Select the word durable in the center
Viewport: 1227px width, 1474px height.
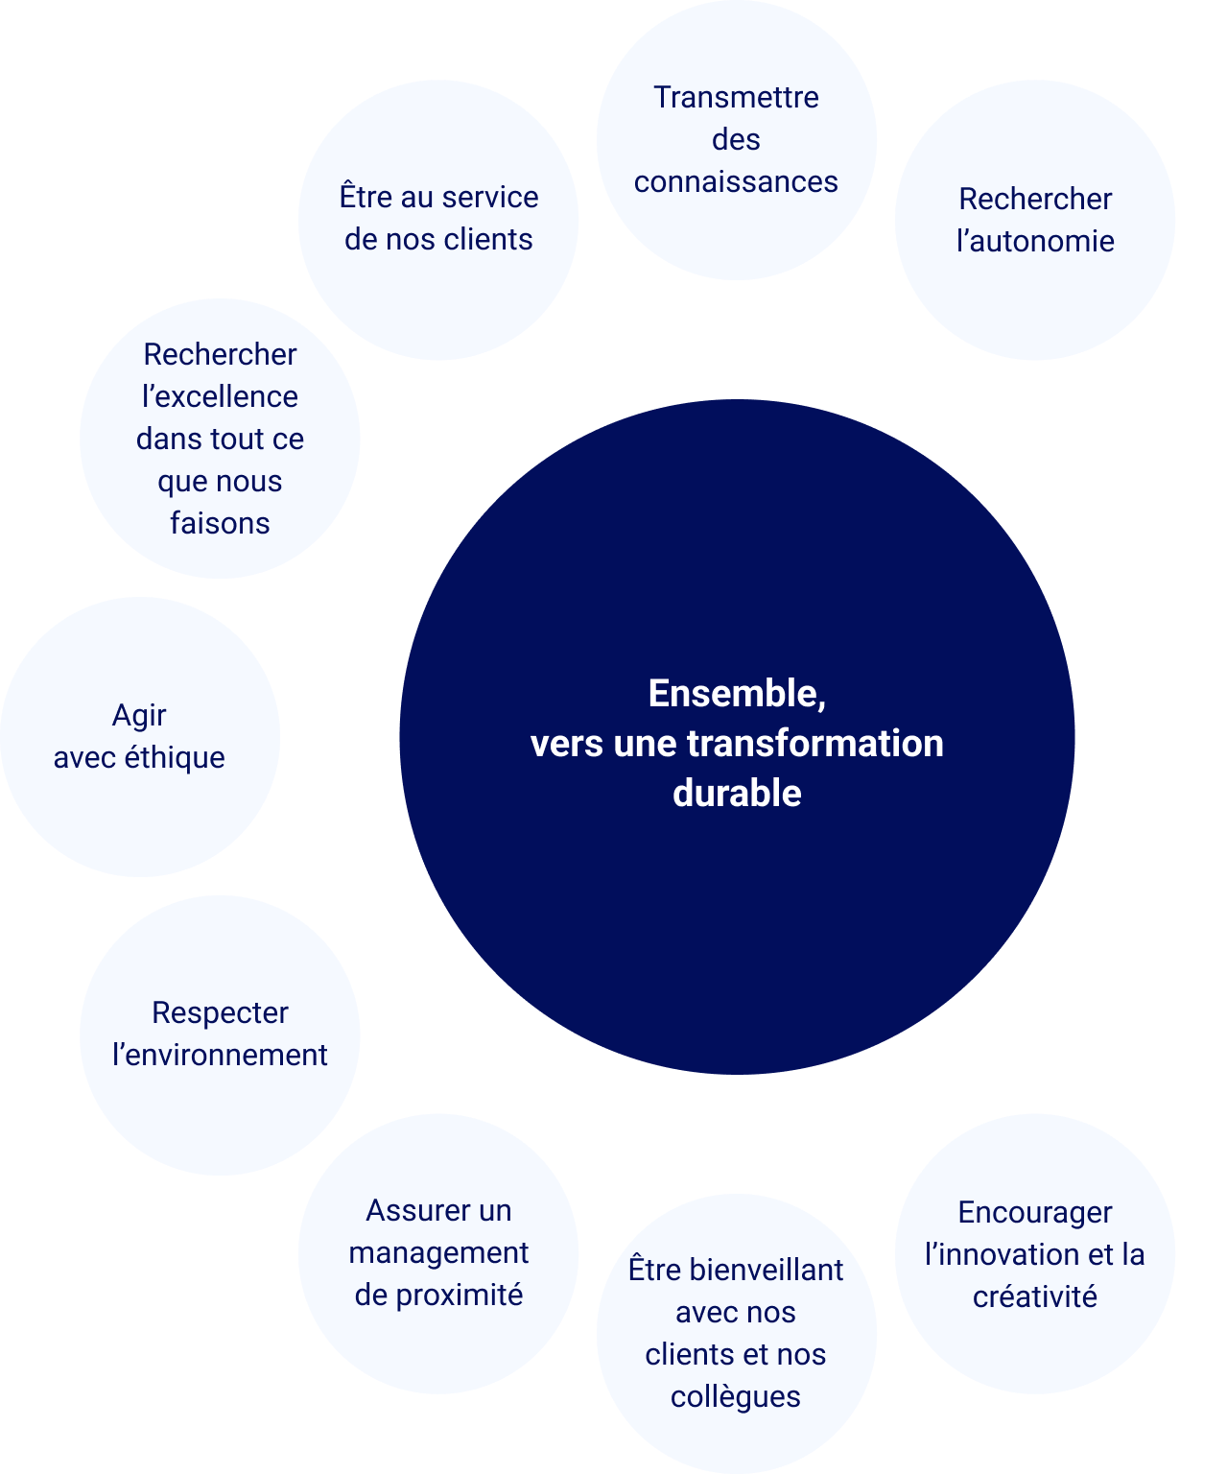[x=737, y=794]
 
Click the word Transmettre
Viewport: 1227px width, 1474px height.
[x=736, y=97]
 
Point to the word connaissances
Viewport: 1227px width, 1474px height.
[x=736, y=181]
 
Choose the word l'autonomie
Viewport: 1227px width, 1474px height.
[x=1035, y=241]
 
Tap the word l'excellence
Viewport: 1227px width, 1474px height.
[x=220, y=396]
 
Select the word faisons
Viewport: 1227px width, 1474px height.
[x=220, y=523]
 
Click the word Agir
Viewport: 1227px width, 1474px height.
[x=139, y=716]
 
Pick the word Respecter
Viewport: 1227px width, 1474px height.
[x=220, y=1012]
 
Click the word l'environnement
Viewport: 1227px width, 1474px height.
[x=220, y=1055]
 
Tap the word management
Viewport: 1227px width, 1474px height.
[x=438, y=1253]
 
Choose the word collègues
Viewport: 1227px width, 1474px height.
[x=736, y=1396]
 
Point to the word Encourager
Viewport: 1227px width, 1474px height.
[x=1035, y=1213]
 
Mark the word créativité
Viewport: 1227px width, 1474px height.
[x=1035, y=1297]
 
